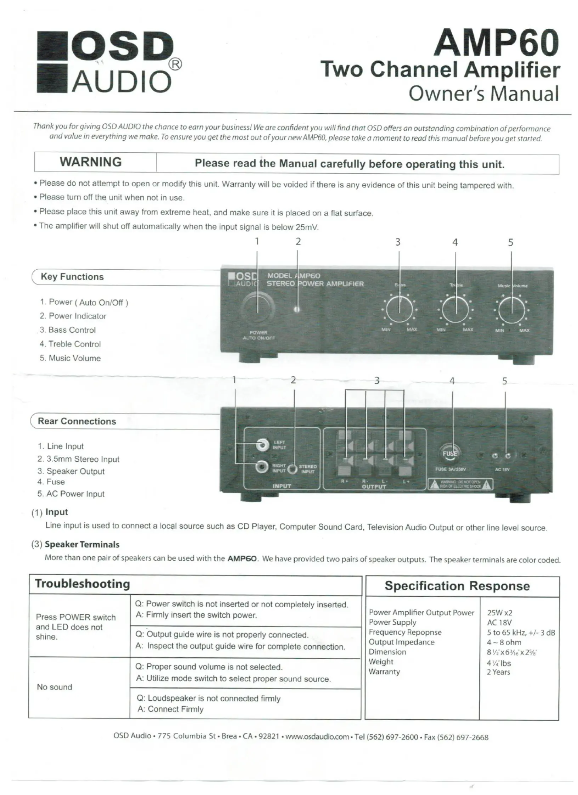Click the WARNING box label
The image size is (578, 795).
coord(91,162)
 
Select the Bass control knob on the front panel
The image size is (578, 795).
coord(399,309)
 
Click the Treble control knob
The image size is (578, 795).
coord(455,309)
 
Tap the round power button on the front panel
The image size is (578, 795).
coord(257,307)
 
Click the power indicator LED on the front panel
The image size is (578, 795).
coord(297,309)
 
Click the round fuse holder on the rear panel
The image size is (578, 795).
coord(449,453)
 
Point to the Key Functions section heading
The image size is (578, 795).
coord(72,277)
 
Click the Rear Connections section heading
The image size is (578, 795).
coord(77,421)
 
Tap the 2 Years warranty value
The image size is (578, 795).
coord(498,672)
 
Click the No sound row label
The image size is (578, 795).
coord(54,687)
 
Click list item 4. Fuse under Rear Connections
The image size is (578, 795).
coord(51,482)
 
